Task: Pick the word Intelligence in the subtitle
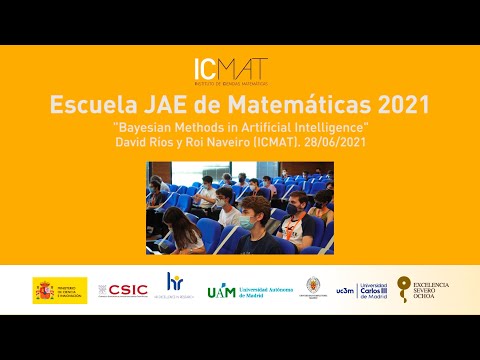tap(333, 128)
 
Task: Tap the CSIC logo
tap(127, 290)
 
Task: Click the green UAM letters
tap(221, 291)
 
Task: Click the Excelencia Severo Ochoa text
tap(432, 290)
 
